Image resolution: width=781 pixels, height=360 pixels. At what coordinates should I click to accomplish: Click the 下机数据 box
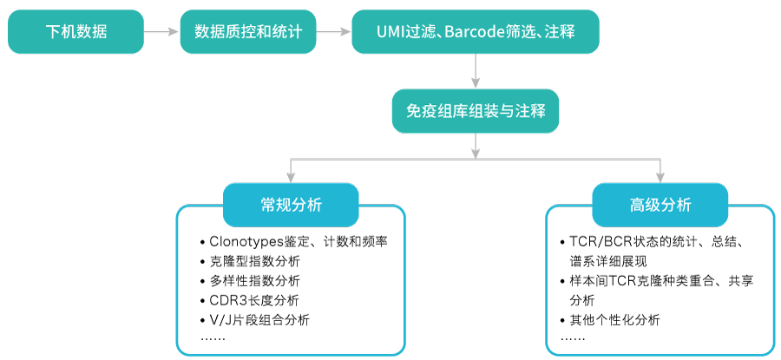tap(75, 32)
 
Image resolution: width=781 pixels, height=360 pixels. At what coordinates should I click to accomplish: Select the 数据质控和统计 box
tap(247, 32)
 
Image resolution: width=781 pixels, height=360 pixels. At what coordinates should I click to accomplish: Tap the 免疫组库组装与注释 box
tap(475, 111)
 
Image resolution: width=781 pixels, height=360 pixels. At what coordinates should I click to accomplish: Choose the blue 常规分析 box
tap(291, 205)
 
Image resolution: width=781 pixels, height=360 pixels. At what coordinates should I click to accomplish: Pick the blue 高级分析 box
tap(660, 205)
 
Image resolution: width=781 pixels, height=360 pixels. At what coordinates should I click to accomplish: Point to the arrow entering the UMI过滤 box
tap(333, 32)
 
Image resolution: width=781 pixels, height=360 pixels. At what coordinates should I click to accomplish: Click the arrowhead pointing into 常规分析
tap(291, 176)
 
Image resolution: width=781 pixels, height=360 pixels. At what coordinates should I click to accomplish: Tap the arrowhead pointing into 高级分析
tap(660, 176)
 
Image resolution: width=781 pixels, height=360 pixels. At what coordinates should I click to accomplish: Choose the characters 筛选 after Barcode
tap(521, 33)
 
